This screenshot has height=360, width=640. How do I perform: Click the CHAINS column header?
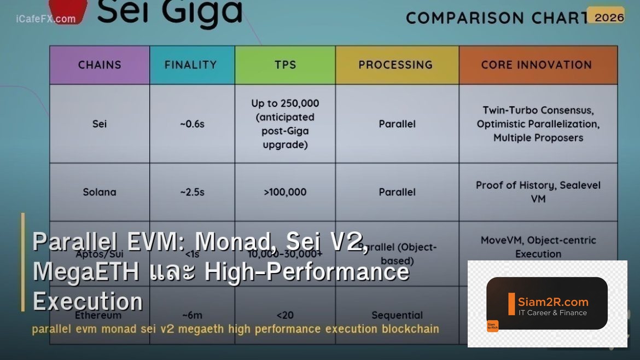click(x=100, y=65)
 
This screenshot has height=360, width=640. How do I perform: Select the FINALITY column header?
click(x=191, y=65)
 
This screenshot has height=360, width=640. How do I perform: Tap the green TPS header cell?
click(x=285, y=65)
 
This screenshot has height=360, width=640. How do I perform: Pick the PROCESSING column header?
click(x=396, y=65)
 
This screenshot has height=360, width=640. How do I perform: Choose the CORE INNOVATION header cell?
click(x=537, y=65)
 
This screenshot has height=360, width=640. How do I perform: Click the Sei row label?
click(x=100, y=124)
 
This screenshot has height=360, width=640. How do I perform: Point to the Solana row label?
click(x=100, y=192)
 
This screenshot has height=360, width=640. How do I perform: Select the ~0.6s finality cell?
click(x=192, y=124)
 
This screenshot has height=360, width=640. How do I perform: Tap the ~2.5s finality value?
click(x=192, y=192)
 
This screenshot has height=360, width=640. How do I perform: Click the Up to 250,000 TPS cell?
click(x=285, y=124)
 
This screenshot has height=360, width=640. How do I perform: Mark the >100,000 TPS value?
click(x=285, y=192)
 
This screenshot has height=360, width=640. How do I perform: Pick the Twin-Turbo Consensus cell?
click(x=538, y=124)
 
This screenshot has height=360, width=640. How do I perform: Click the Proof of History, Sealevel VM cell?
click(x=538, y=191)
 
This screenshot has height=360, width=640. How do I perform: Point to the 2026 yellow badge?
click(x=609, y=17)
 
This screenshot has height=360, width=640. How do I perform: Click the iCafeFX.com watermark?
click(x=46, y=19)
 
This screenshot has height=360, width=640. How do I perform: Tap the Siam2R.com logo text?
click(x=553, y=302)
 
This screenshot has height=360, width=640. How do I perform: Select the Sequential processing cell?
click(x=397, y=315)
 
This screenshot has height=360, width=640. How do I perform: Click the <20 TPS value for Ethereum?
click(x=285, y=315)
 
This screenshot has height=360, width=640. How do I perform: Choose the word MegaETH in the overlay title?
click(x=85, y=272)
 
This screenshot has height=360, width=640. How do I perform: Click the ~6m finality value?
click(x=192, y=315)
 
